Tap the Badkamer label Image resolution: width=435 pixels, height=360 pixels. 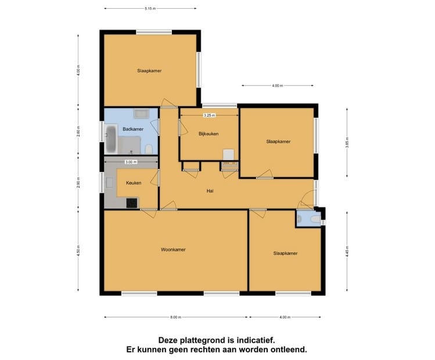pyautogui.click(x=133, y=129)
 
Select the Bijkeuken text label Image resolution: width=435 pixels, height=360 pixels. pyautogui.click(x=208, y=134)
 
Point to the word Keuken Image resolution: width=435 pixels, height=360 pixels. pyautogui.click(x=134, y=183)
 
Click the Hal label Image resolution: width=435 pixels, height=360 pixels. pyautogui.click(x=210, y=190)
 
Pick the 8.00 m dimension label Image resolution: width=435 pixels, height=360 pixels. pyautogui.click(x=176, y=317)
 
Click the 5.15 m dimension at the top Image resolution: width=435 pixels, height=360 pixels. pyautogui.click(x=150, y=9)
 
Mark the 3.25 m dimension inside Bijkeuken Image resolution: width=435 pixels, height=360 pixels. pyautogui.click(x=209, y=115)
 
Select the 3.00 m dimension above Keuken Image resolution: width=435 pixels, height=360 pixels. pyautogui.click(x=131, y=162)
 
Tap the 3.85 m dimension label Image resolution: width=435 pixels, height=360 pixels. pyautogui.click(x=347, y=143)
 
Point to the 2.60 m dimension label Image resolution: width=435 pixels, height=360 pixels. pyautogui.click(x=78, y=131)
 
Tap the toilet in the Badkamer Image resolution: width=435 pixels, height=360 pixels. pyautogui.click(x=149, y=150)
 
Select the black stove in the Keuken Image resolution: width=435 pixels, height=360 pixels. pyautogui.click(x=132, y=203)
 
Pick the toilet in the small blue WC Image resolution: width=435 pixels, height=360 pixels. pyautogui.click(x=314, y=219)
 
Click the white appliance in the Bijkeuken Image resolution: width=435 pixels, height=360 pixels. pyautogui.click(x=229, y=154)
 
